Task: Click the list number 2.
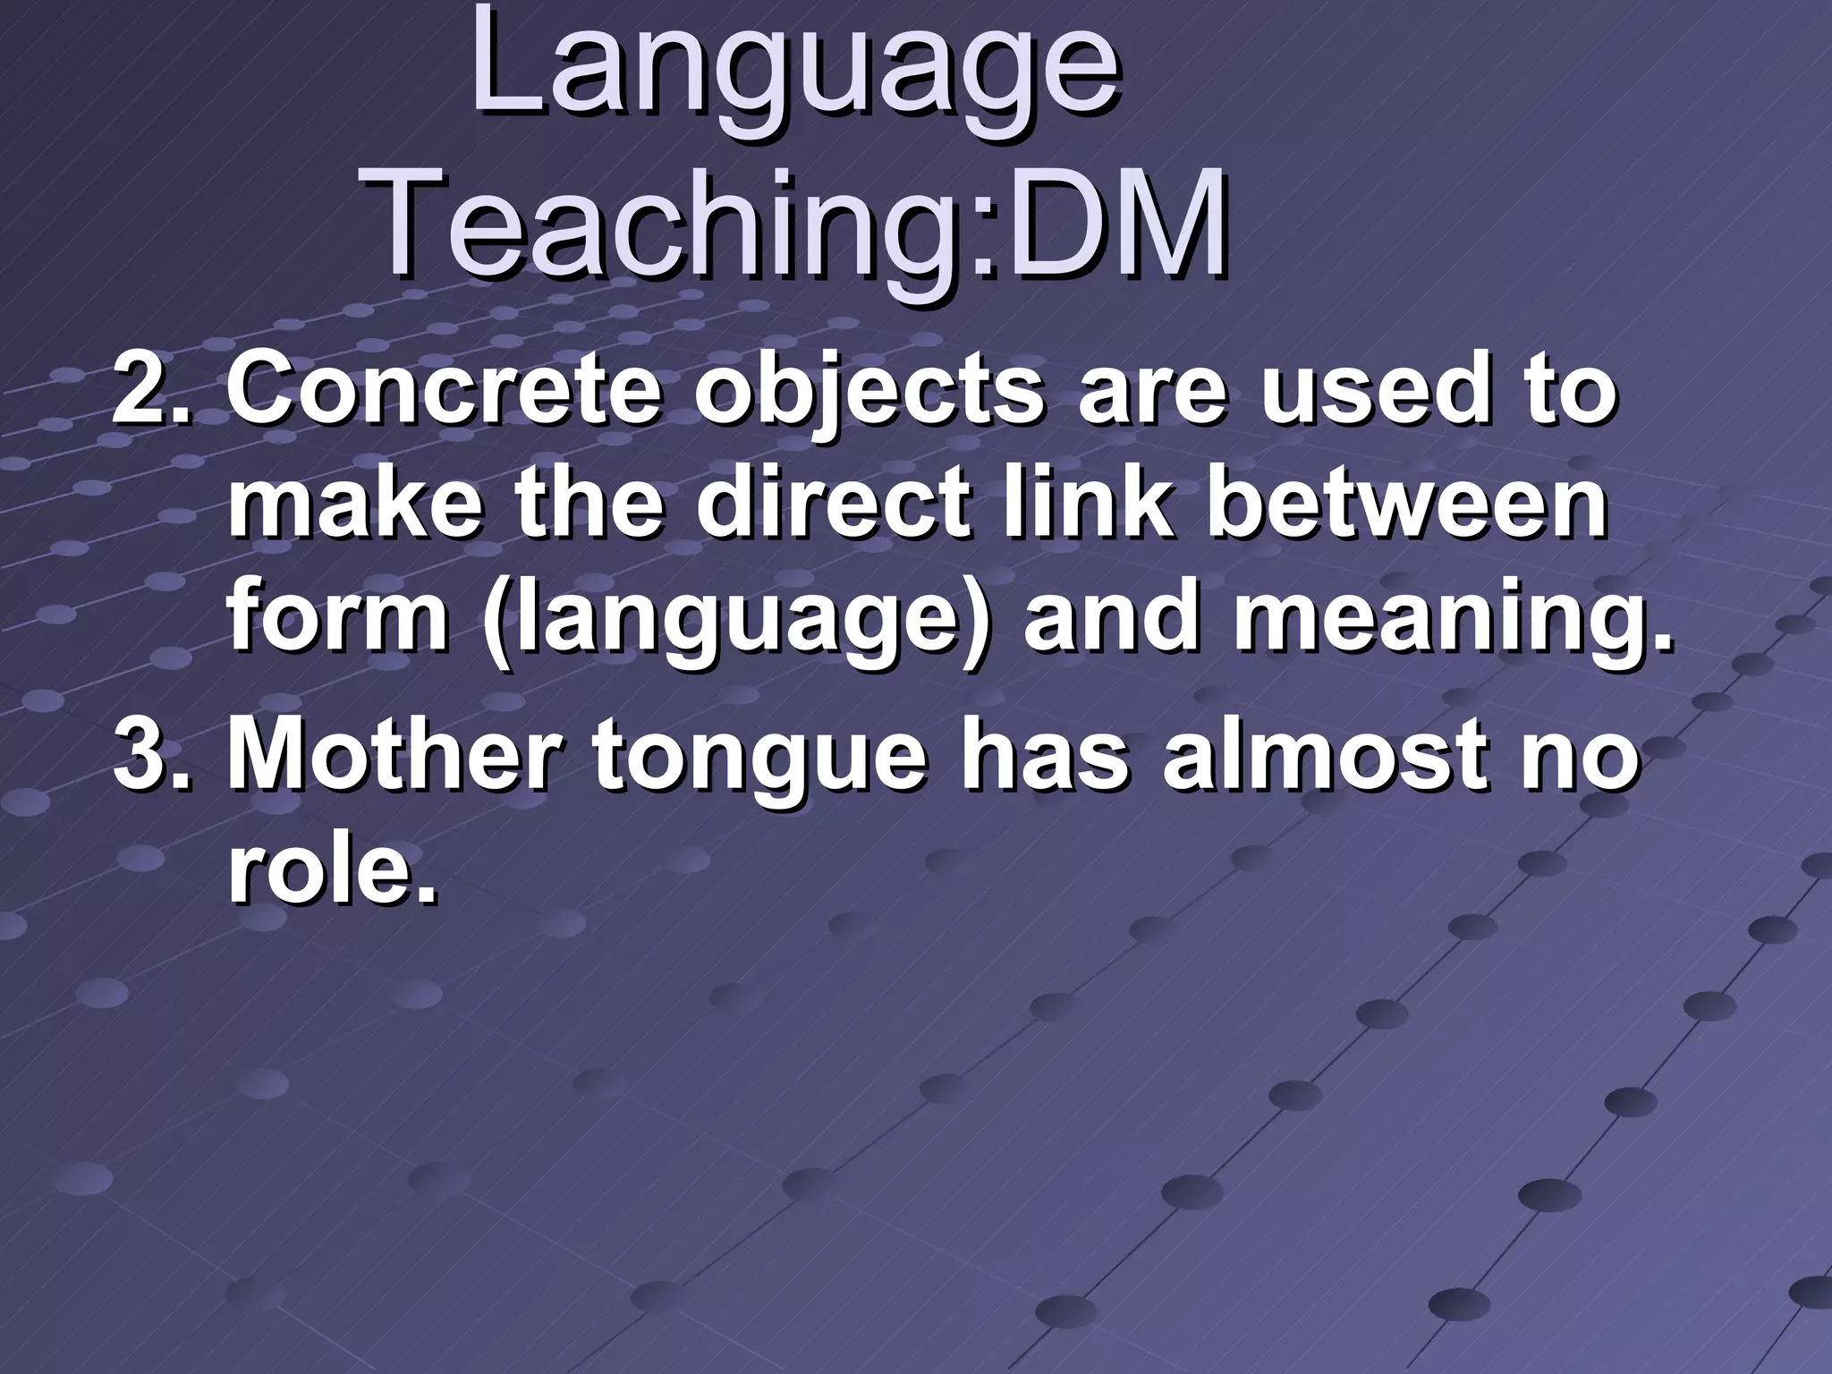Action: click(x=152, y=394)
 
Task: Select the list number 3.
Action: click(x=152, y=760)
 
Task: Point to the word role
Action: click(x=332, y=872)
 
